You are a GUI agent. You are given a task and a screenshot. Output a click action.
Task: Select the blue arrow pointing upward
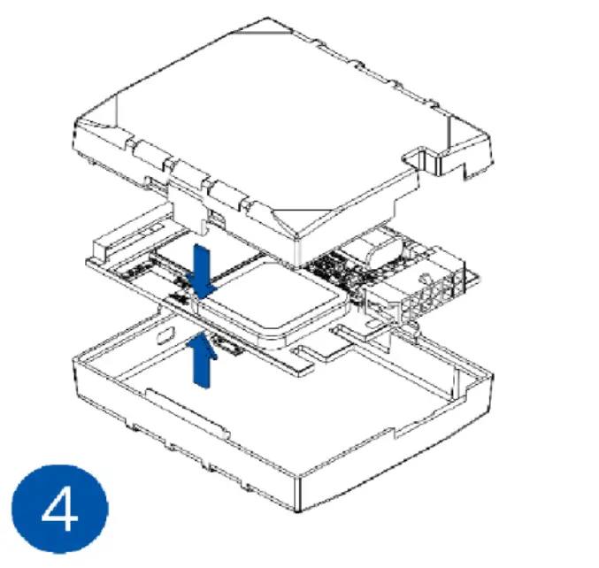203,359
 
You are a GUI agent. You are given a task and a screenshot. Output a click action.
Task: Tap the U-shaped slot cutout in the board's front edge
311,359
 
